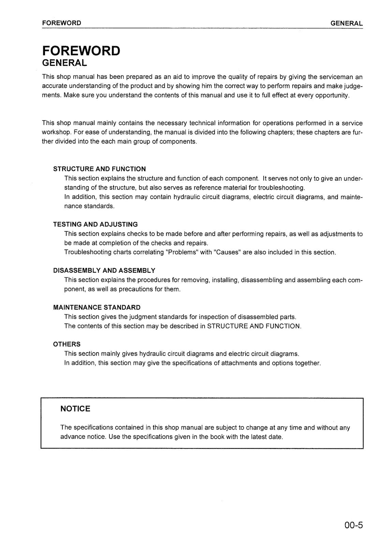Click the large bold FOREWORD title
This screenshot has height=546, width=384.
[x=81, y=51]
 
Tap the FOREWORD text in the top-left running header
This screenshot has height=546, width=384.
[x=62, y=23]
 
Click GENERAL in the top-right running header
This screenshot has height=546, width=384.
[x=346, y=23]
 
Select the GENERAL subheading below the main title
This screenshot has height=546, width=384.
[x=64, y=63]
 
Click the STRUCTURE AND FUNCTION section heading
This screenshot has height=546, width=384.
[x=100, y=169]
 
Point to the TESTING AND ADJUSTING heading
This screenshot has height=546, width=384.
[x=95, y=225]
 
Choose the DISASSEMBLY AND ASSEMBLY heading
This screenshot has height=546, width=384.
[x=104, y=271]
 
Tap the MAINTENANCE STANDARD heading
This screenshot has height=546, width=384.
[x=97, y=307]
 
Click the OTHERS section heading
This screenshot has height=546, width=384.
[x=67, y=344]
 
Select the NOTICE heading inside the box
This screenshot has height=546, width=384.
[x=75, y=409]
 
